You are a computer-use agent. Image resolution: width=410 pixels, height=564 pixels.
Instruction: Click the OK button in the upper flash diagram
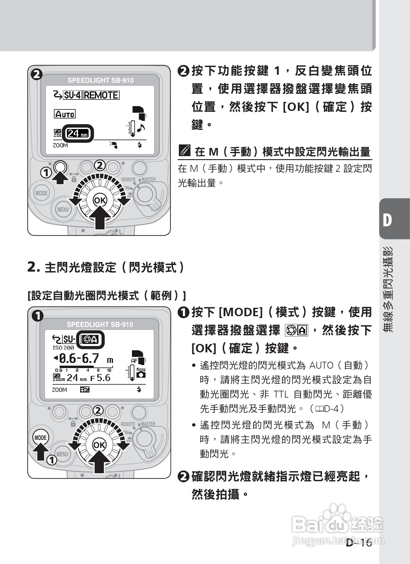click(x=100, y=200)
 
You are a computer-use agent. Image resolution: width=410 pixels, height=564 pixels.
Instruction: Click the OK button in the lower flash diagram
click(x=99, y=445)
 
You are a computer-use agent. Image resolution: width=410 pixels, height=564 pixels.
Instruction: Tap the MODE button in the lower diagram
click(x=40, y=438)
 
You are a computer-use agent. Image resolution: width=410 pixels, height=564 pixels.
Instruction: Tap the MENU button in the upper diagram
click(x=63, y=210)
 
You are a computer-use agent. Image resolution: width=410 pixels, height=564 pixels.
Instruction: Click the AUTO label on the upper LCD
click(x=65, y=114)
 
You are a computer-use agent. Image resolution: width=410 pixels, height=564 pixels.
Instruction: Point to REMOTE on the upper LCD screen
click(x=101, y=95)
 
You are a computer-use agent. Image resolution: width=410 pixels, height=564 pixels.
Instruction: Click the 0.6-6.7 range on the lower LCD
click(x=79, y=358)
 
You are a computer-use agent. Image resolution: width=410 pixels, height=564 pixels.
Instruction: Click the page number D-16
click(x=358, y=543)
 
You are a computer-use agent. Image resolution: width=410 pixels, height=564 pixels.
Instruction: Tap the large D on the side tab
click(x=387, y=220)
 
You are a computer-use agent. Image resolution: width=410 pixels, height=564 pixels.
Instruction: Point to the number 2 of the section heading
click(x=32, y=267)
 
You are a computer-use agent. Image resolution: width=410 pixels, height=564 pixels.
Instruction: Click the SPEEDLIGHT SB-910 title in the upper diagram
click(x=100, y=80)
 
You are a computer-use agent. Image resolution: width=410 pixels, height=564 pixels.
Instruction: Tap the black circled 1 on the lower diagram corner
click(x=38, y=316)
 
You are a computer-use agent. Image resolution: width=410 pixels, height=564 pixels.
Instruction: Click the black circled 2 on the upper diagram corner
click(x=37, y=74)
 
